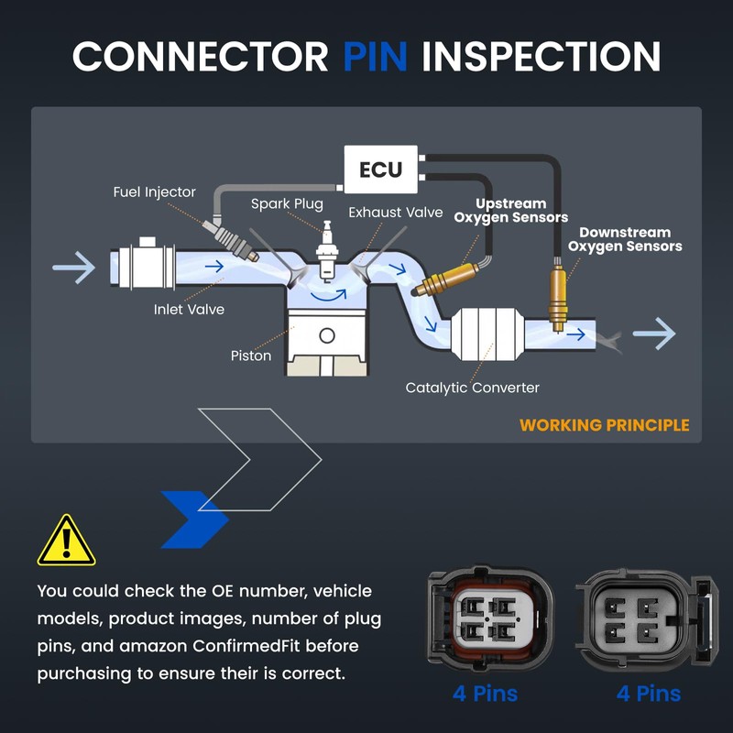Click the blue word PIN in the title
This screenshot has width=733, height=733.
(x=375, y=56)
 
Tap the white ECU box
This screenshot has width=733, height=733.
(x=380, y=170)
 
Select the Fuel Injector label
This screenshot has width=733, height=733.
(x=155, y=192)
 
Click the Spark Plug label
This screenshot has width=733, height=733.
(x=287, y=203)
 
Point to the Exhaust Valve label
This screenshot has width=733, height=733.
(x=395, y=213)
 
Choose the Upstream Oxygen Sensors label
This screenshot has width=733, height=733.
(x=511, y=211)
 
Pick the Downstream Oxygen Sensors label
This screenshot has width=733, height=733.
(x=625, y=239)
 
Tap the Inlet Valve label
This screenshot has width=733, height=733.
(x=189, y=310)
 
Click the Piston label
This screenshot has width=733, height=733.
(x=251, y=356)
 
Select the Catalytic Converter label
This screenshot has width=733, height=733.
(x=473, y=388)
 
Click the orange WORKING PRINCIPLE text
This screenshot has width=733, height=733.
(x=605, y=425)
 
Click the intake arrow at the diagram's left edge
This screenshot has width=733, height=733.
(x=73, y=268)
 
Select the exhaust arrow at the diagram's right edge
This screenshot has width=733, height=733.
(x=654, y=334)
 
